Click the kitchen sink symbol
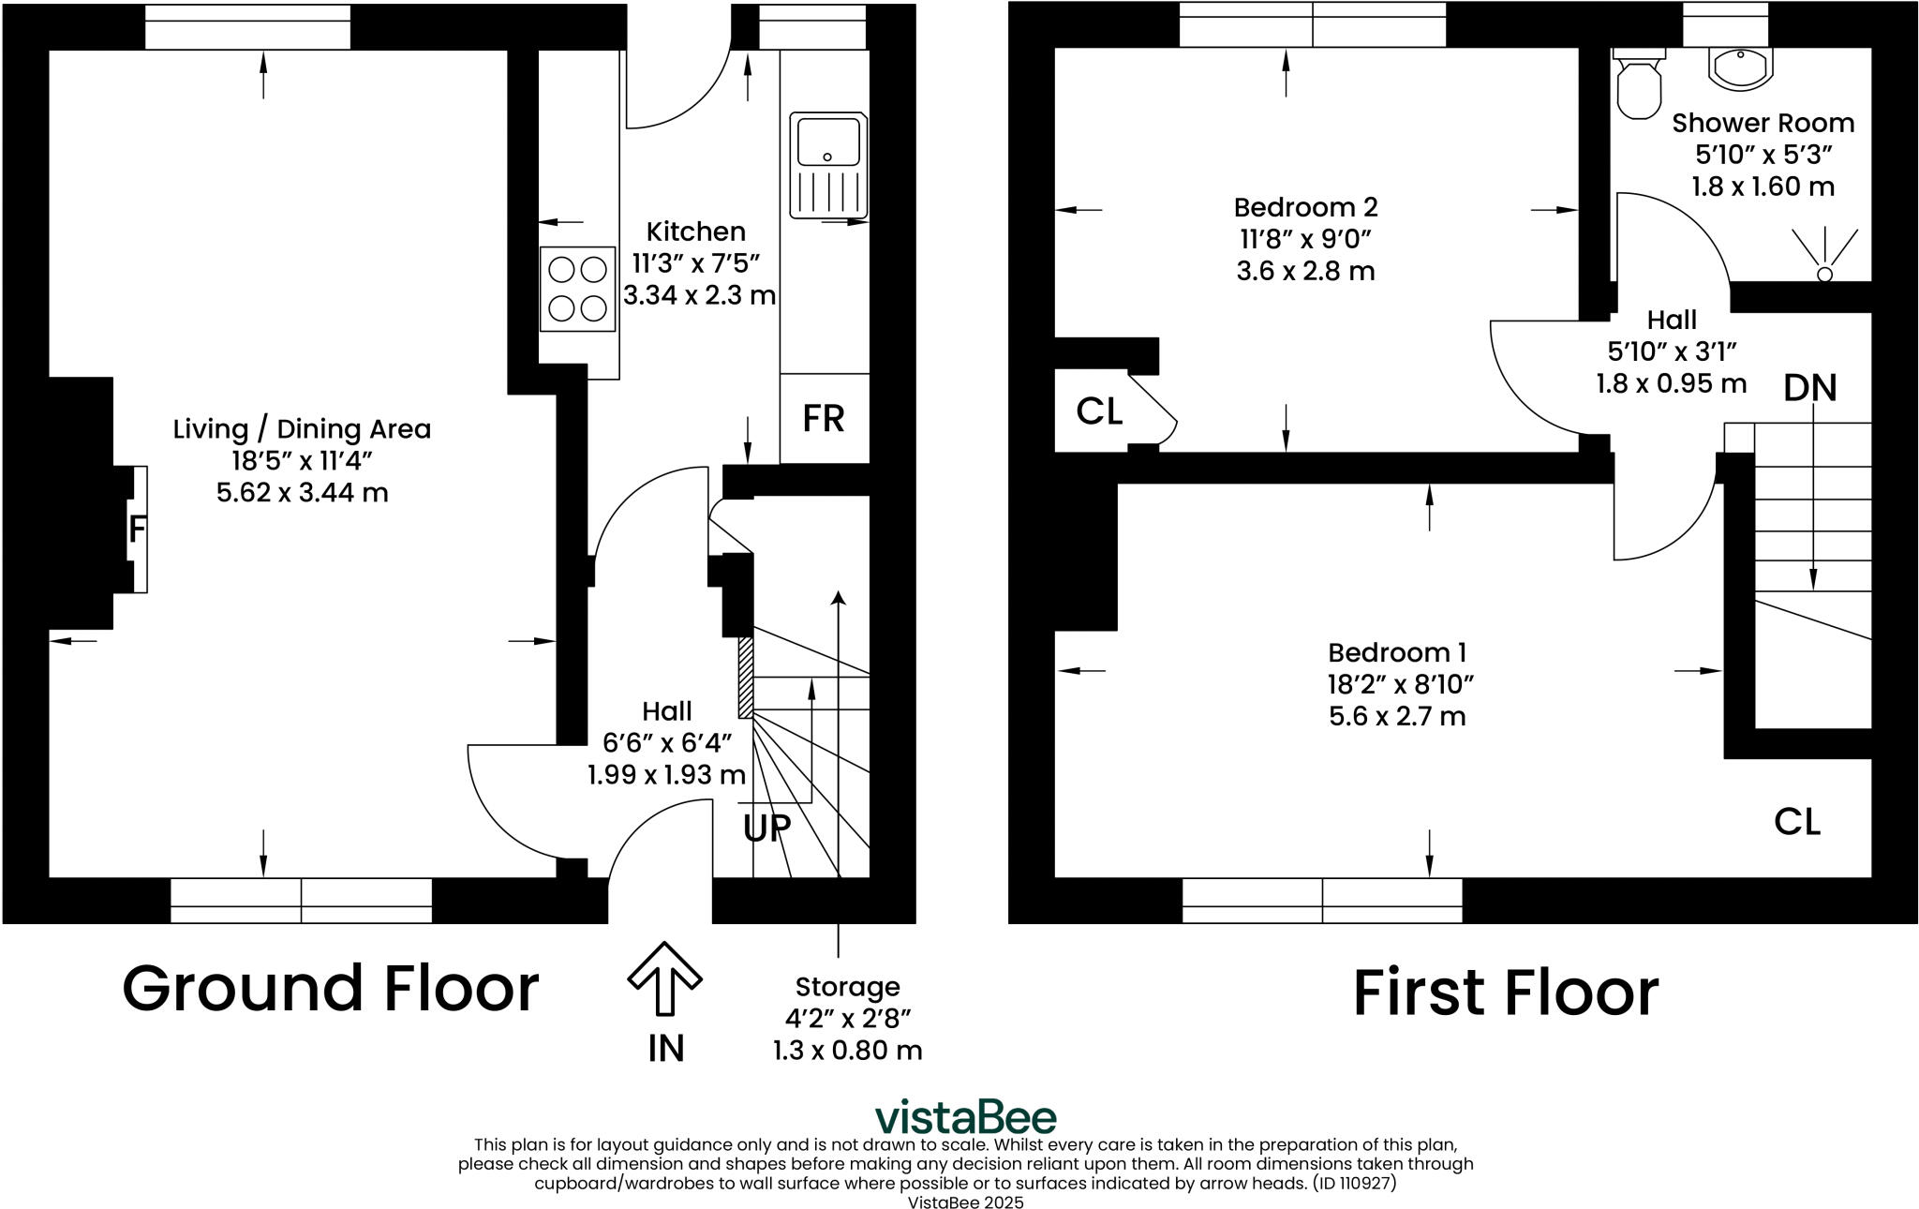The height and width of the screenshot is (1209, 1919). pyautogui.click(x=828, y=165)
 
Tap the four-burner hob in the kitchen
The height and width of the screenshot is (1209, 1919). pyautogui.click(x=578, y=289)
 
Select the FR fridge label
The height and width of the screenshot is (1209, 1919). pyautogui.click(x=824, y=418)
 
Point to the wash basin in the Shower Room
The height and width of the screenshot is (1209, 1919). pyautogui.click(x=1740, y=67)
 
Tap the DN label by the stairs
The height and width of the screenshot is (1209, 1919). pyautogui.click(x=1809, y=388)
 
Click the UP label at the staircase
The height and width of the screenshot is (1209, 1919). pyautogui.click(x=767, y=828)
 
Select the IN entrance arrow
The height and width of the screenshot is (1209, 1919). pyautogui.click(x=664, y=979)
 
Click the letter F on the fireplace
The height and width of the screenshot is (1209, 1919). pyautogui.click(x=137, y=530)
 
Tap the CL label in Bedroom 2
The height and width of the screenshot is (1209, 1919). pyautogui.click(x=1098, y=410)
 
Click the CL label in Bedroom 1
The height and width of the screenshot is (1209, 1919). pyautogui.click(x=1796, y=822)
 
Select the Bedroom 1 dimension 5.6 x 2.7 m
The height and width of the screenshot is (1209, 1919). pyautogui.click(x=1397, y=717)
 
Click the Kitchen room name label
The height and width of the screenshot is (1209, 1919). pyautogui.click(x=696, y=231)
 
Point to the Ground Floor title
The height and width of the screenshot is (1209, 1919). pyautogui.click(x=331, y=989)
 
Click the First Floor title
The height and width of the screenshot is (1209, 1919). pyautogui.click(x=1505, y=993)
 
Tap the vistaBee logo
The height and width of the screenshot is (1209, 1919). pyautogui.click(x=965, y=1117)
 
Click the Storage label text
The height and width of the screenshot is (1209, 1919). pyautogui.click(x=847, y=987)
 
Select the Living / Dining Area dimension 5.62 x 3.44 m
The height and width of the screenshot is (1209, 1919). pyautogui.click(x=302, y=492)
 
